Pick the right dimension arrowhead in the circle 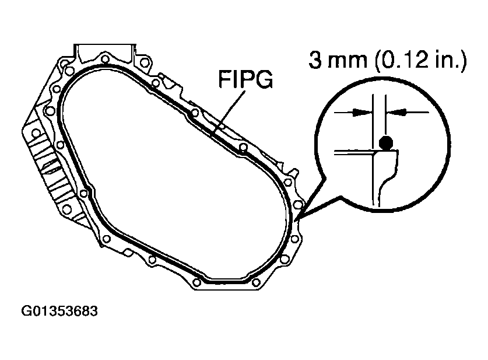click(393, 111)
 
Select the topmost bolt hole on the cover click(105, 59)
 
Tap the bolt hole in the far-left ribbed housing click(36, 133)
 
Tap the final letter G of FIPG click(265, 80)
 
